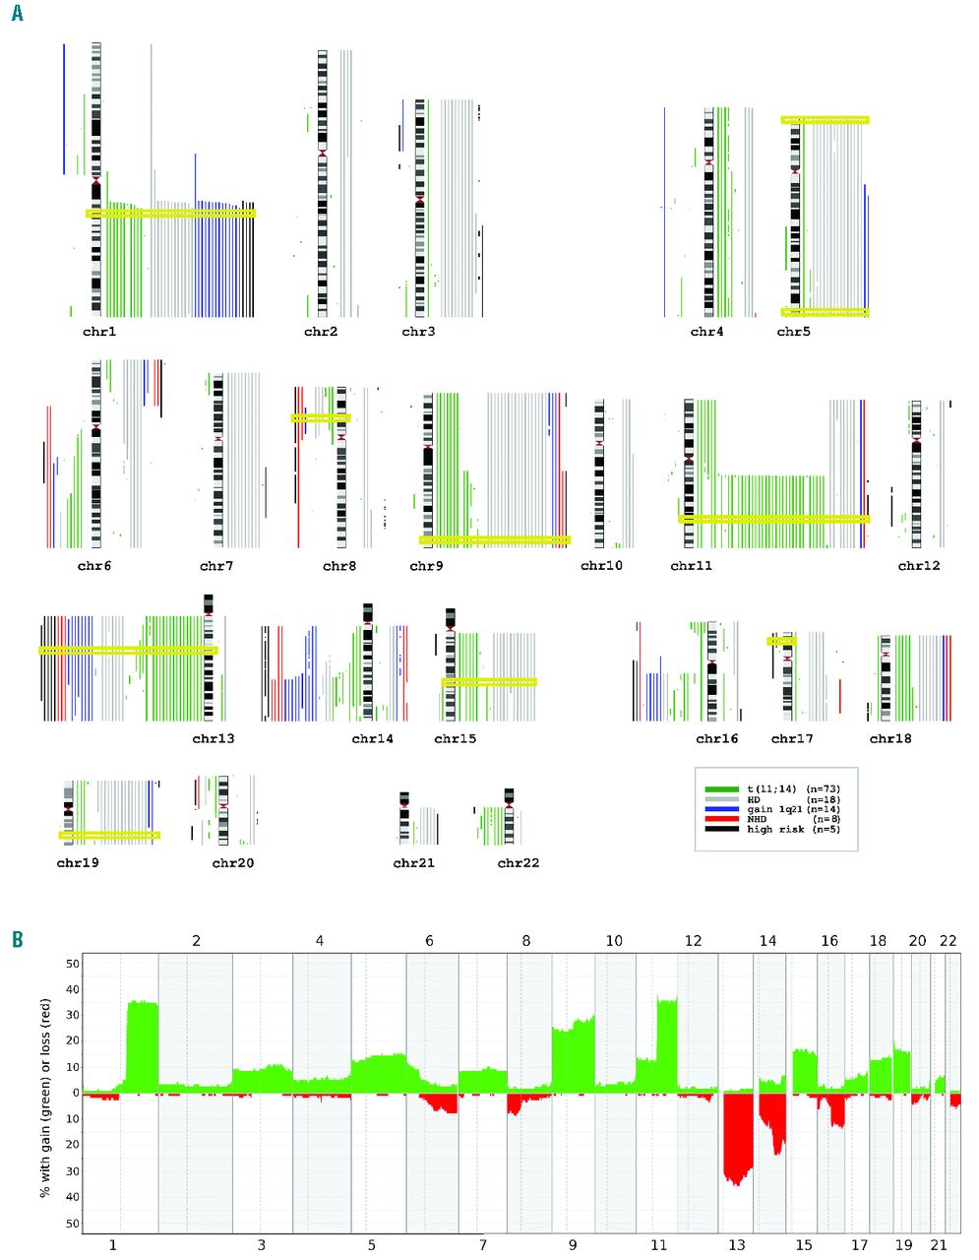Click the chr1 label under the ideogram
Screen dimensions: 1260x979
[99, 332]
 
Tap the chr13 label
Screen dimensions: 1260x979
[214, 738]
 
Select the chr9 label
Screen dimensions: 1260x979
[426, 566]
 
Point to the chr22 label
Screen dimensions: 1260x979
[519, 863]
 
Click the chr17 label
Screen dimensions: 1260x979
[792, 738]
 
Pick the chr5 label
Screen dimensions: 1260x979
[793, 332]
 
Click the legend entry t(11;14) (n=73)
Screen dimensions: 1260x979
[793, 789]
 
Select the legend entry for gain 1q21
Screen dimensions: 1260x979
[793, 809]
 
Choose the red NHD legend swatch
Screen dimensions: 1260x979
[721, 819]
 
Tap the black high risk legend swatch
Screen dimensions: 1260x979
[721, 829]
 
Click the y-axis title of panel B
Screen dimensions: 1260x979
[44, 1093]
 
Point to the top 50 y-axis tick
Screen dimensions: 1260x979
[72, 964]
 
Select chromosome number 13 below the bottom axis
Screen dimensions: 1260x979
[736, 1245]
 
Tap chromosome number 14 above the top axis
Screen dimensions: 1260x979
[767, 941]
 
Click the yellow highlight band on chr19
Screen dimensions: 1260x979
[109, 835]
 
